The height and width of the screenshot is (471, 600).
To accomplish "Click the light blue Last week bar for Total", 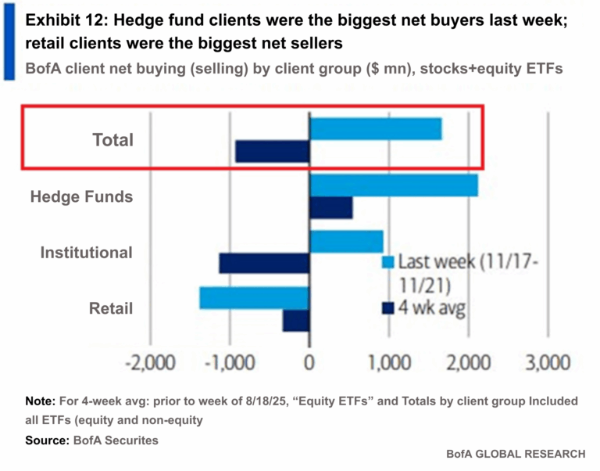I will [x=376, y=128].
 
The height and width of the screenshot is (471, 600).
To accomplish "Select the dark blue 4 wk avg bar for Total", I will [x=273, y=151].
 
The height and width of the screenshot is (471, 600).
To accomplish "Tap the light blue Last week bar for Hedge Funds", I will [x=394, y=185].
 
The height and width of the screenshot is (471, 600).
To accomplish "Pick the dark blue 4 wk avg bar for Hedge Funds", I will [x=331, y=207].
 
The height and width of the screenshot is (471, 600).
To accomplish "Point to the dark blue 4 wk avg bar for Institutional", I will [x=265, y=264].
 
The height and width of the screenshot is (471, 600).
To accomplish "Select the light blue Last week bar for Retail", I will [x=255, y=298].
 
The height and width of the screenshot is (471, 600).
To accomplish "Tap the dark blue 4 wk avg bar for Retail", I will [x=297, y=320].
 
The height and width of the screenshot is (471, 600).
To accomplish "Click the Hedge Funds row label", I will [x=81, y=196].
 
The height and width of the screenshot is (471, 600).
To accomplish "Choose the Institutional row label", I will [x=87, y=253].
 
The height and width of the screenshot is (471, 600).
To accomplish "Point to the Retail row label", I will [x=111, y=308].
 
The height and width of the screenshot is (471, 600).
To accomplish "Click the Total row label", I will [x=112, y=141].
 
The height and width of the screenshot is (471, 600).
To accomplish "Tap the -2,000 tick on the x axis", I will [x=149, y=363].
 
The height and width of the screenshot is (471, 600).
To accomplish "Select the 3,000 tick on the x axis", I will [x=548, y=363].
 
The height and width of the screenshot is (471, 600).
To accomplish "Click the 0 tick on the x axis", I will [x=309, y=363].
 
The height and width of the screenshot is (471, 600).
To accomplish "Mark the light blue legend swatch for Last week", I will [x=386, y=262].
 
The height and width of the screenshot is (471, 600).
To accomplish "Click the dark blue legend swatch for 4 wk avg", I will [x=386, y=308].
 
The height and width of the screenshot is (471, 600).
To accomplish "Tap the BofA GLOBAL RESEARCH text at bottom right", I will [x=516, y=454].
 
